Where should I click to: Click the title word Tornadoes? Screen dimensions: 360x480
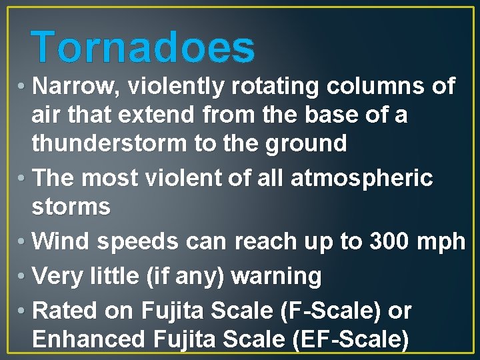tap(143, 47)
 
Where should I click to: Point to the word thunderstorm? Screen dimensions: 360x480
tap(109, 143)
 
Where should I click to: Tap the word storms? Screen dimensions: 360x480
tap(71, 207)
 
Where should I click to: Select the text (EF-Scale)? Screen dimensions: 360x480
tap(350, 340)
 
